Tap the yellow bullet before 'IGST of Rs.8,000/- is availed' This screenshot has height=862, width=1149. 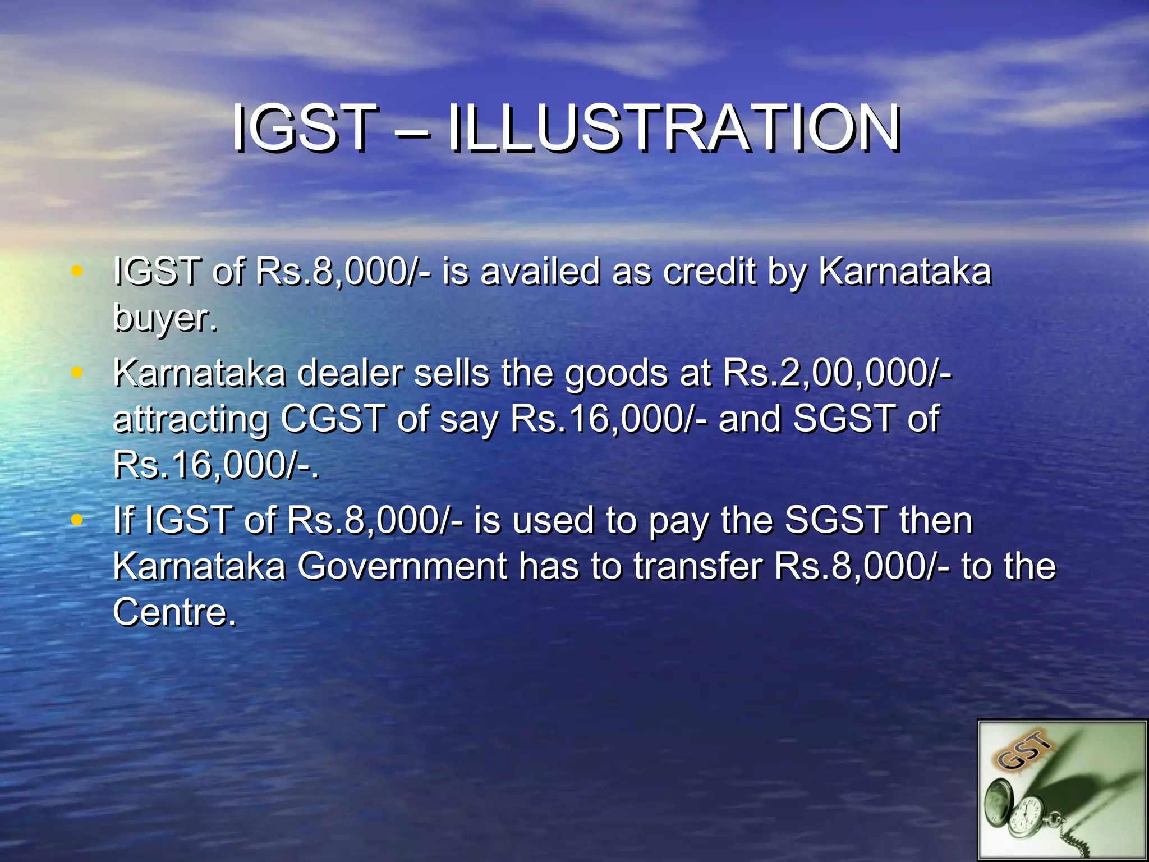tap(77, 272)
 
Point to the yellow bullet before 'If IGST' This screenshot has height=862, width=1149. tap(77, 520)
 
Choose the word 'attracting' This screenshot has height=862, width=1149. tap(191, 420)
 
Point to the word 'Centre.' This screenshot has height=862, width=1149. tap(174, 612)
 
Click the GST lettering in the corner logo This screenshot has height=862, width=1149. tap(1024, 751)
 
